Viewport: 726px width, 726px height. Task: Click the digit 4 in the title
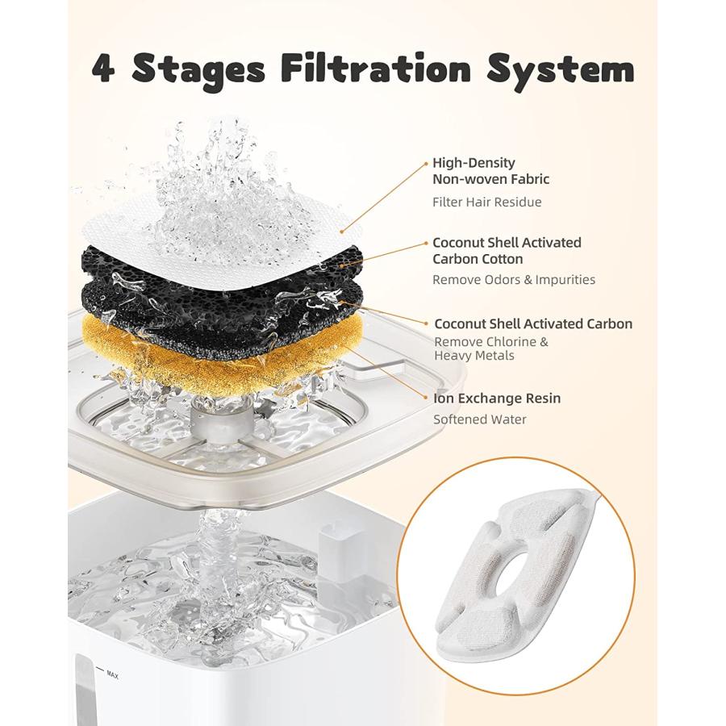click(x=103, y=70)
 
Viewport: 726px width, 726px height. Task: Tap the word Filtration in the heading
click(x=376, y=69)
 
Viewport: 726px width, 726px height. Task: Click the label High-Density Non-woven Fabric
click(x=490, y=171)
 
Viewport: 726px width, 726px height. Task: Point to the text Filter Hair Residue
click(x=486, y=202)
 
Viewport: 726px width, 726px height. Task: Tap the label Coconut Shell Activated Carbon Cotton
click(x=507, y=251)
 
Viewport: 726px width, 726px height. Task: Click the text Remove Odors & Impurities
click(x=514, y=280)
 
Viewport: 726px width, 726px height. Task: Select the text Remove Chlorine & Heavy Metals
click(x=491, y=348)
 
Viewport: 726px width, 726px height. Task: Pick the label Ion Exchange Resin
click(x=497, y=398)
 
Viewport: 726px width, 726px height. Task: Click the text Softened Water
click(x=480, y=419)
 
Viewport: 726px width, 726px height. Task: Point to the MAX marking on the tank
click(x=112, y=675)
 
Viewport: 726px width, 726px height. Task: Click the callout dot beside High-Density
click(x=427, y=163)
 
